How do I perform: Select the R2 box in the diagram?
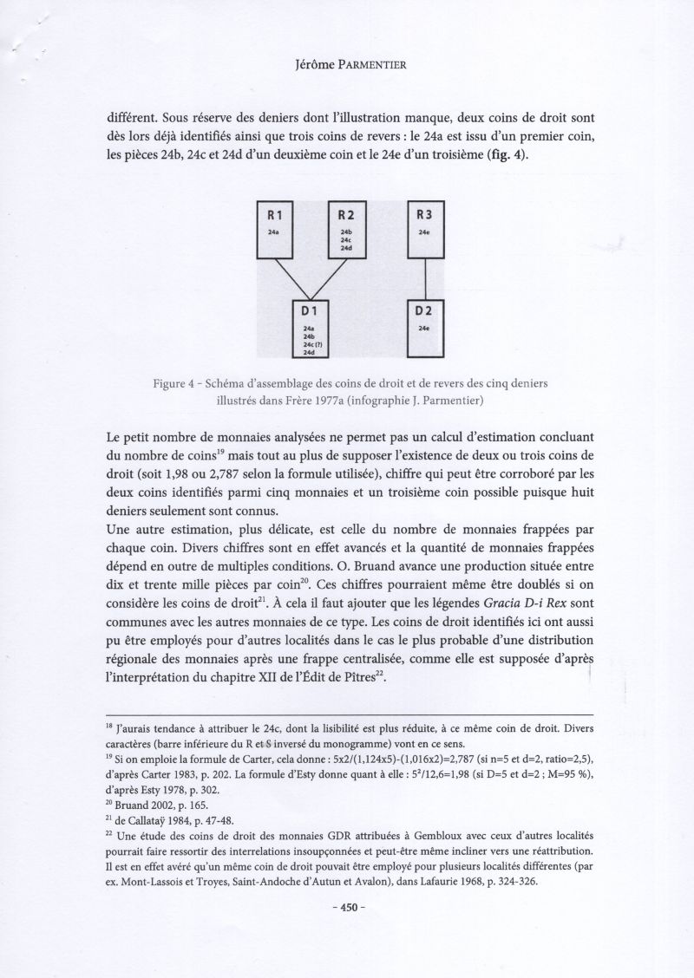pos(346,230)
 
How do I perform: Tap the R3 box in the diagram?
pos(425,230)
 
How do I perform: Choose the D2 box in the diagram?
pos(425,327)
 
